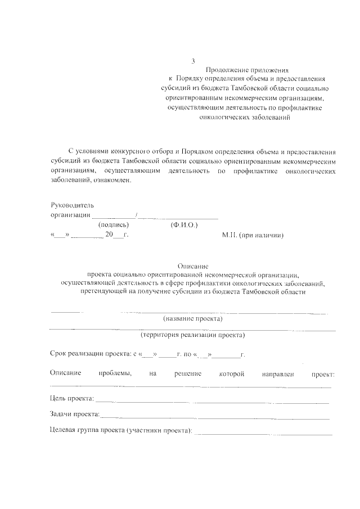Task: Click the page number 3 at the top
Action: point(193,61)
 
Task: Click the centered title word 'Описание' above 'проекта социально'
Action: point(193,265)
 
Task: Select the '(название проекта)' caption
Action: point(193,319)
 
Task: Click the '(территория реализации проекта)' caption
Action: point(193,335)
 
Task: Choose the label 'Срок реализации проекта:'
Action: point(90,355)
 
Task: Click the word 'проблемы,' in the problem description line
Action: point(115,373)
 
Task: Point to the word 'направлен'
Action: point(278,373)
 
